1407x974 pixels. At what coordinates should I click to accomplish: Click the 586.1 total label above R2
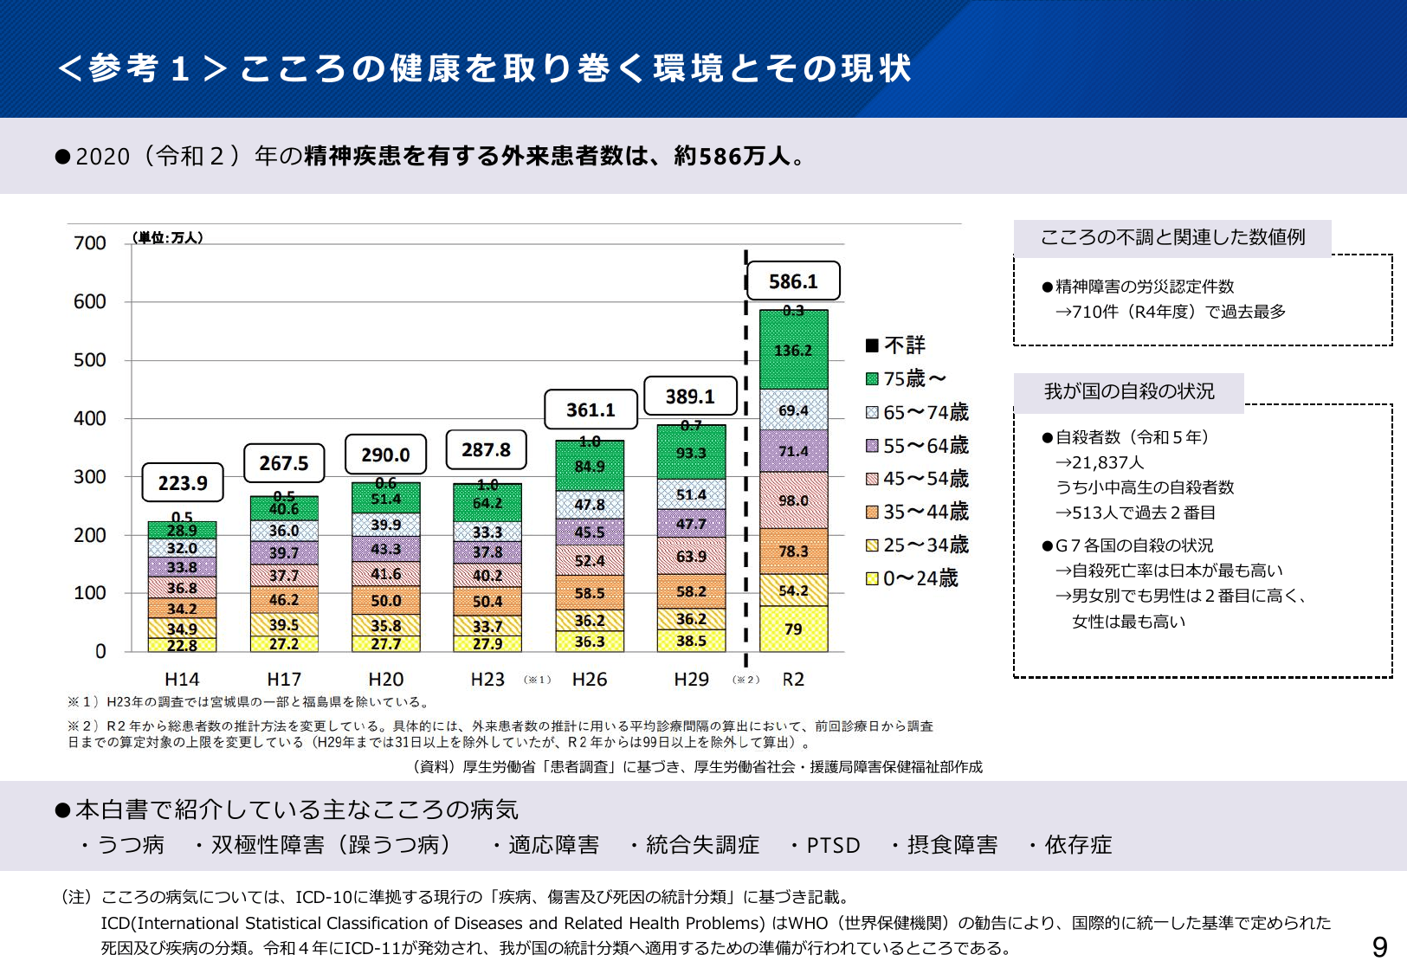pyautogui.click(x=793, y=282)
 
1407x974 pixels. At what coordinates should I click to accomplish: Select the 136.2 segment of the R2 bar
pyautogui.click(x=793, y=351)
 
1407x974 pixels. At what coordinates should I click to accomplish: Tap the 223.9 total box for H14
pyautogui.click(x=183, y=483)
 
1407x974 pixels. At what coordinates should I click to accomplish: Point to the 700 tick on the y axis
pyautogui.click(x=90, y=243)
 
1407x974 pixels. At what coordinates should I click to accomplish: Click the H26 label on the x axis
pyautogui.click(x=590, y=680)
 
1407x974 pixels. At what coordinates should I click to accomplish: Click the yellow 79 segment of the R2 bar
pyautogui.click(x=793, y=629)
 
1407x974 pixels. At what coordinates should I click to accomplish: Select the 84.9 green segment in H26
pyautogui.click(x=590, y=467)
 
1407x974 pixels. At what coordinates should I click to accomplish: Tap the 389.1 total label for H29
pyautogui.click(x=690, y=397)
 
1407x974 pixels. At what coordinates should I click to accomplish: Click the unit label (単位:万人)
pyautogui.click(x=168, y=237)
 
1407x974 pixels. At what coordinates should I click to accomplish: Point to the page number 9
pyautogui.click(x=1379, y=947)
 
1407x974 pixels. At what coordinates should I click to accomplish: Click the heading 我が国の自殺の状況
pyautogui.click(x=1129, y=391)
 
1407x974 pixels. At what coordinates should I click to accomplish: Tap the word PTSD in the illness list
pyautogui.click(x=833, y=845)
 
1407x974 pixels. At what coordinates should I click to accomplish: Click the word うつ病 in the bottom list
pyautogui.click(x=131, y=845)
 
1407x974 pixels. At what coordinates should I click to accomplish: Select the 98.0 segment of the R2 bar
pyautogui.click(x=793, y=500)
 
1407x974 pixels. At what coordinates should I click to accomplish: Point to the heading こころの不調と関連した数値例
pyautogui.click(x=1172, y=237)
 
